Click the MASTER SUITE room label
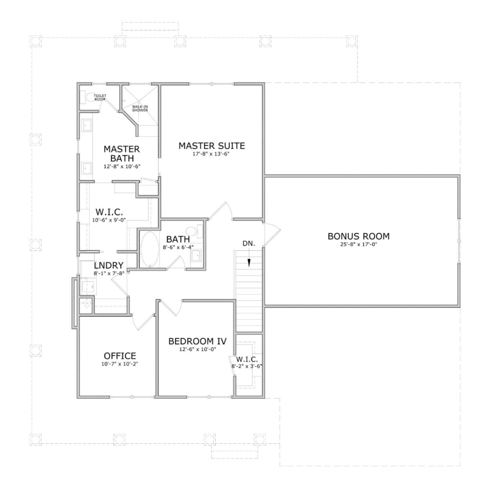(x=212, y=146)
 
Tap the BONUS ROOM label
(x=358, y=236)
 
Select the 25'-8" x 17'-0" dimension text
(x=358, y=244)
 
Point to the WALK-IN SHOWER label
(x=140, y=109)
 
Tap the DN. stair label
(x=249, y=244)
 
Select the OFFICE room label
(x=120, y=356)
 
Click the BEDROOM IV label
(x=197, y=342)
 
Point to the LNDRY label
(x=109, y=266)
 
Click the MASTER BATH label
(x=122, y=154)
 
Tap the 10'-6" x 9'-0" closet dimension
(x=109, y=220)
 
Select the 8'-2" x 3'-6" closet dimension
(x=247, y=366)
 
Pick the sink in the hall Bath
(x=196, y=256)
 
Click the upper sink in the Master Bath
(x=87, y=125)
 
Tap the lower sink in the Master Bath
(x=87, y=169)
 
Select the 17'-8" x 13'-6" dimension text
(x=212, y=154)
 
